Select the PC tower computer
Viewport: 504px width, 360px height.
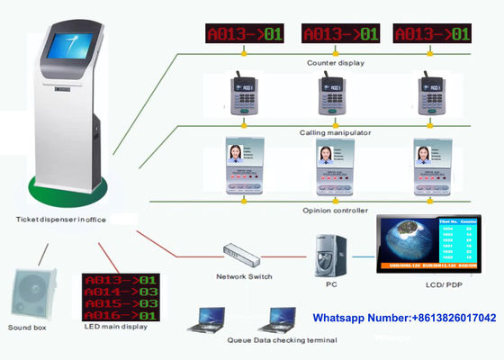tap(328, 255)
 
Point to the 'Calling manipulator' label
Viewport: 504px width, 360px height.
tap(337, 132)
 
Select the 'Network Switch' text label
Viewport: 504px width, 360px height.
tap(244, 276)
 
